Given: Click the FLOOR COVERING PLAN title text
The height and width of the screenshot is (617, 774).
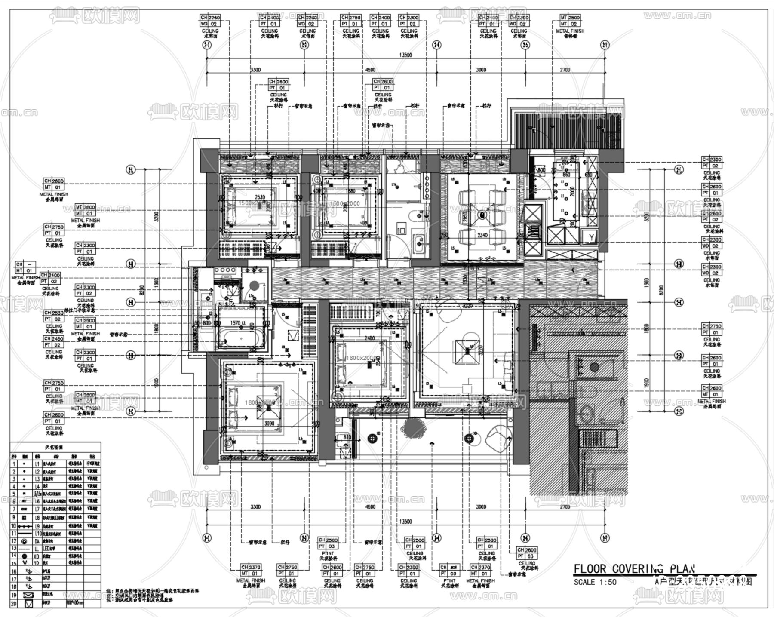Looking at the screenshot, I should (634, 569).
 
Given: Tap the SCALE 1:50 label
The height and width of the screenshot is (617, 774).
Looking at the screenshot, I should (595, 582).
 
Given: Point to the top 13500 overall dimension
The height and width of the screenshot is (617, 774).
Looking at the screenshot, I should (405, 55).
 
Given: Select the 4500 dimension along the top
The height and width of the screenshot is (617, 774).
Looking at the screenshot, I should (370, 70).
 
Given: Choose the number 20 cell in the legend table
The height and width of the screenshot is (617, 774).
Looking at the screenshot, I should (14, 604).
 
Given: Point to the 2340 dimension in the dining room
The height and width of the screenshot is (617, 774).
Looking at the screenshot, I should (482, 235).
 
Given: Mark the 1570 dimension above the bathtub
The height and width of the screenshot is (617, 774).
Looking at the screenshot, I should (235, 323).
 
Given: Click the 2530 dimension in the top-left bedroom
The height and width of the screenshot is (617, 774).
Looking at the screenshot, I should (260, 197).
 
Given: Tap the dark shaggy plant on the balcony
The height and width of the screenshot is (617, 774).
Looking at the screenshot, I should (414, 428).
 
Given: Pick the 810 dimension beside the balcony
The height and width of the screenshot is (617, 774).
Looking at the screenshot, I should (347, 437).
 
